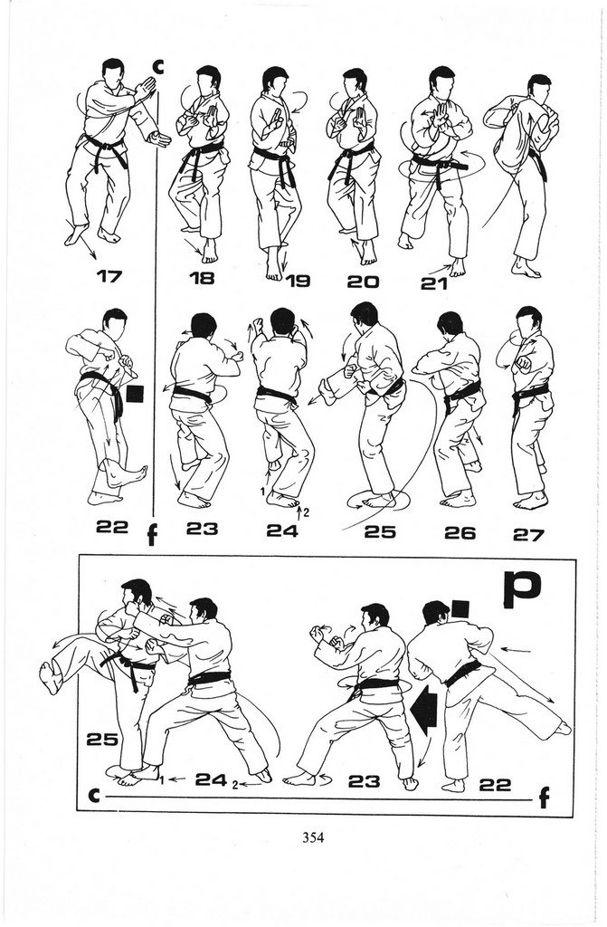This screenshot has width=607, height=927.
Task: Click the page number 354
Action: (x=313, y=837)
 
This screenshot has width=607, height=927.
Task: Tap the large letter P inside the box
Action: (x=523, y=589)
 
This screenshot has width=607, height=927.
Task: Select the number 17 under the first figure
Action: (x=109, y=276)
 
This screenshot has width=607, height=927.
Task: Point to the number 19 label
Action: (x=298, y=281)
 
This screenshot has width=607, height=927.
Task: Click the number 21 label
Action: (x=434, y=283)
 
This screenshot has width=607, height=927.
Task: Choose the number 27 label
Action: (x=527, y=535)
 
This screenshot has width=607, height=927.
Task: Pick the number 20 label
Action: (x=363, y=282)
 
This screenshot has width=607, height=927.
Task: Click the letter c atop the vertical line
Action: (x=157, y=67)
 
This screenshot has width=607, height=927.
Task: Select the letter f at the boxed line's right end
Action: (x=544, y=798)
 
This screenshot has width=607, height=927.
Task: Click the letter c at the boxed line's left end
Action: (x=93, y=796)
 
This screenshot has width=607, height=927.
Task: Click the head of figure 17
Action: (x=113, y=72)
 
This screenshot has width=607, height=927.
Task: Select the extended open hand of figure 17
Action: (x=159, y=139)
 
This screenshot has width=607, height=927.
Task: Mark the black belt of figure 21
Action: (x=439, y=164)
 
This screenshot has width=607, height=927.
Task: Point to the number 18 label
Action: (x=202, y=278)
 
